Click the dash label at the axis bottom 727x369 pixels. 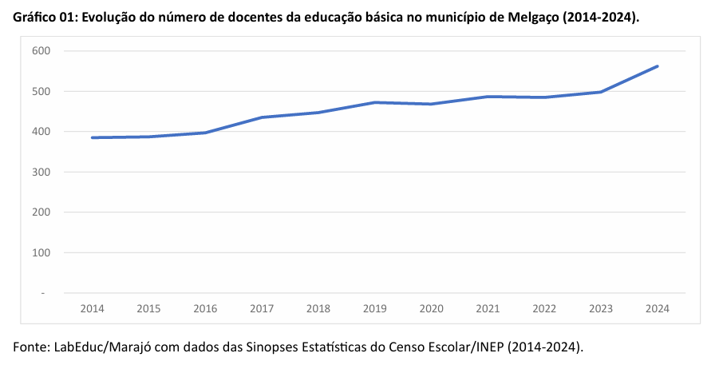pyautogui.click(x=43, y=293)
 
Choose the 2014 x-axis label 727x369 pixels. pyautogui.click(x=92, y=308)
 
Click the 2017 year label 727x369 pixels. pyautogui.click(x=262, y=308)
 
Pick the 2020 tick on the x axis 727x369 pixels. pyautogui.click(x=431, y=308)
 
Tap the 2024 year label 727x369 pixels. pyautogui.click(x=658, y=308)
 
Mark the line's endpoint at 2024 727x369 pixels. pyautogui.click(x=658, y=66)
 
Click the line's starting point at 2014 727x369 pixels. pyautogui.click(x=92, y=137)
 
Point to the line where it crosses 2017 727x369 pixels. pyautogui.click(x=262, y=117)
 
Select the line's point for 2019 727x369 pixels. pyautogui.click(x=374, y=102)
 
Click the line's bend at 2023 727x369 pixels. pyautogui.click(x=601, y=92)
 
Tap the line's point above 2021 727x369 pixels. pyautogui.click(x=488, y=97)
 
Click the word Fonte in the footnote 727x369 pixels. pyautogui.click(x=31, y=347)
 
